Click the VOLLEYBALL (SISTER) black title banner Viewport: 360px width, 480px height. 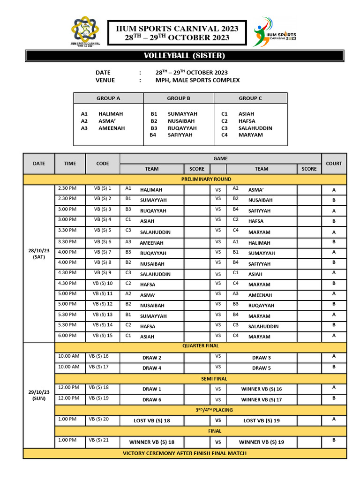184,56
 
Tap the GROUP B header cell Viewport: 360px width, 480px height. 179,98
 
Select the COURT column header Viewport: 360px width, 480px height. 334,164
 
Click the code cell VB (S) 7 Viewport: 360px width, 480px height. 102,252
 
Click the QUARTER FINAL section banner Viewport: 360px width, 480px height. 201,346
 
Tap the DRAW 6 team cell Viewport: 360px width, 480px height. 152,400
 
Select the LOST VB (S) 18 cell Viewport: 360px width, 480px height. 152,420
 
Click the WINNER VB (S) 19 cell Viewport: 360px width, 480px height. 262,442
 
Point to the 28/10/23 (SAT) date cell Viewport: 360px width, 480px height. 39,254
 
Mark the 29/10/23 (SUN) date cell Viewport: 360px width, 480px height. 39,395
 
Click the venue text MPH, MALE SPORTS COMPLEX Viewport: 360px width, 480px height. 197,80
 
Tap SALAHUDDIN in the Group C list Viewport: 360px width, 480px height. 255,128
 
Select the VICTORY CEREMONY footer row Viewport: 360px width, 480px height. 185,453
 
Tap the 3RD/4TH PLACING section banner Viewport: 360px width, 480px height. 201,410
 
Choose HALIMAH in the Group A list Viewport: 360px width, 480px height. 111,114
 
